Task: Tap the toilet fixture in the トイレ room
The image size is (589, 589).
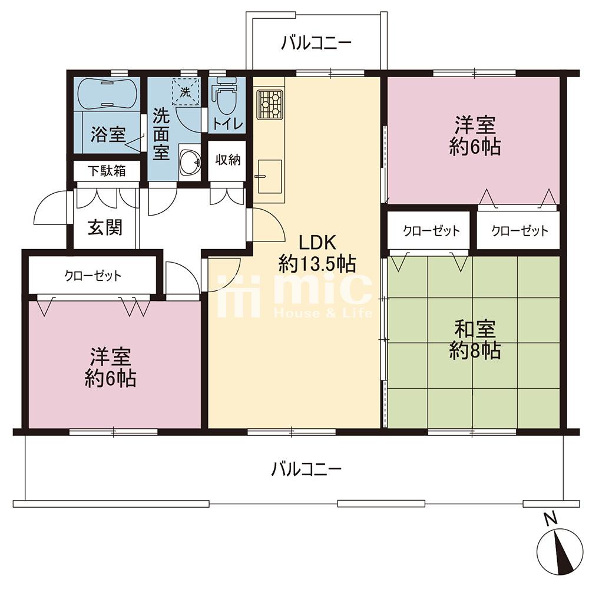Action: pyautogui.click(x=224, y=95)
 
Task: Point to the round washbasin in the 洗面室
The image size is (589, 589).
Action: pyautogui.click(x=190, y=163)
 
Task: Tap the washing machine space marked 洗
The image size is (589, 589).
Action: pyautogui.click(x=184, y=91)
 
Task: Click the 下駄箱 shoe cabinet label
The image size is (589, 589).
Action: pyautogui.click(x=107, y=171)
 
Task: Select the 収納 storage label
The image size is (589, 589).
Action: pyautogui.click(x=227, y=160)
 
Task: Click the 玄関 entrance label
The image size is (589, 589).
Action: pyautogui.click(x=105, y=227)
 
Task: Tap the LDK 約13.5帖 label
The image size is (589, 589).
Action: pyautogui.click(x=317, y=253)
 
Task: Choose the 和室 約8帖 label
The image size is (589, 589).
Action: pyautogui.click(x=475, y=340)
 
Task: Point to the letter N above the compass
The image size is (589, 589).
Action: pyautogui.click(x=551, y=519)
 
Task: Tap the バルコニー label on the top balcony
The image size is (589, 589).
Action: pyautogui.click(x=316, y=43)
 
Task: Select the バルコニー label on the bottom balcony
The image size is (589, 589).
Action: pyautogui.click(x=306, y=469)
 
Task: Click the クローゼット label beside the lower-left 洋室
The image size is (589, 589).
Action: pyautogui.click(x=93, y=276)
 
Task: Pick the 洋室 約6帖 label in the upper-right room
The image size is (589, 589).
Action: pyautogui.click(x=475, y=136)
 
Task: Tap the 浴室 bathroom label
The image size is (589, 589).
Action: pyautogui.click(x=108, y=134)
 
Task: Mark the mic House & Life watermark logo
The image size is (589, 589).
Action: pyautogui.click(x=295, y=295)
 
